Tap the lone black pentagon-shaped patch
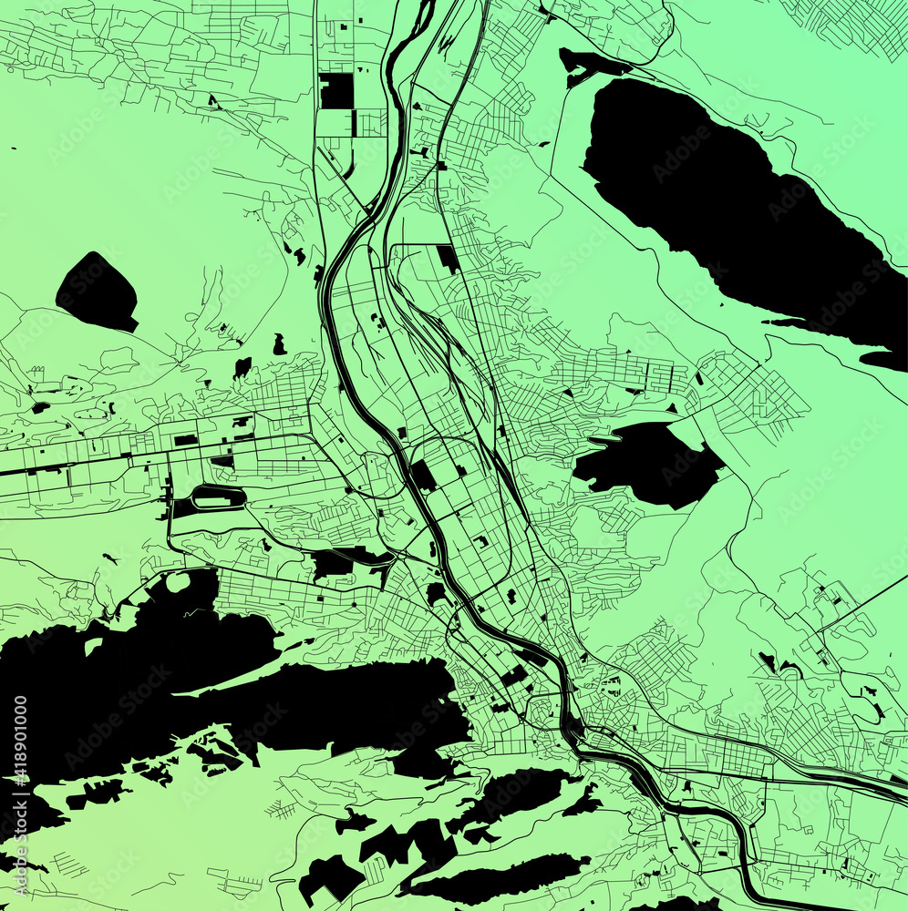click(97, 292)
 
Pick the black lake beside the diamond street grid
click(647, 463)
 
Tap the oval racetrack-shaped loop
click(218, 496)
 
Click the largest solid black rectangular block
click(335, 91)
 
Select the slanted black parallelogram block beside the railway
click(448, 258)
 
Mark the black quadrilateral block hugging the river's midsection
click(422, 476)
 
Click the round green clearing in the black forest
click(178, 582)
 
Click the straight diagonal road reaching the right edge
click(866, 601)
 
